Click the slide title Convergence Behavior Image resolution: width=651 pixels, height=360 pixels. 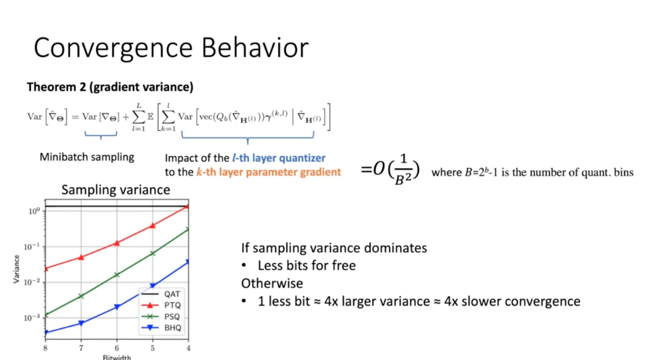(x=171, y=48)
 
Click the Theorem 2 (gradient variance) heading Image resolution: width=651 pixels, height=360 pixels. (x=110, y=87)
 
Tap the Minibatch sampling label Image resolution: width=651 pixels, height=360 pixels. (x=87, y=157)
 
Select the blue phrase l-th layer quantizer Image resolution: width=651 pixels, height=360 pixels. (x=279, y=158)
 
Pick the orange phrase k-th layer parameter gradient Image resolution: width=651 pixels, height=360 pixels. (x=269, y=172)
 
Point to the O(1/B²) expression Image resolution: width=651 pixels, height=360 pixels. (x=390, y=170)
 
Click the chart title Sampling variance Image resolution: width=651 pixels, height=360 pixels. (x=116, y=190)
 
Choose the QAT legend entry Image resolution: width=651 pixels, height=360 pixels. (x=161, y=294)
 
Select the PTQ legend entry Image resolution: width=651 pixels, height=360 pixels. (x=161, y=305)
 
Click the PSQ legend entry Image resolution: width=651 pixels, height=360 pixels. (x=161, y=317)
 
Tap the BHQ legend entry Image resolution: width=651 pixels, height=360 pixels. (x=161, y=328)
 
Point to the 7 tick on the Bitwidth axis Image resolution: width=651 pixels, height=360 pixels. (x=81, y=348)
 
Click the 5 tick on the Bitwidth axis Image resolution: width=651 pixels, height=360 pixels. (x=152, y=348)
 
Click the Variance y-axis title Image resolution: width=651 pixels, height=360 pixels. (x=16, y=269)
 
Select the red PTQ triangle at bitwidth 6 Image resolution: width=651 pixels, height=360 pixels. (x=117, y=243)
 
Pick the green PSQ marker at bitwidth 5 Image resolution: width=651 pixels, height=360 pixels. (x=152, y=253)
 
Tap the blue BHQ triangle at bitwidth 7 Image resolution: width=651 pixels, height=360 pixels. (x=81, y=323)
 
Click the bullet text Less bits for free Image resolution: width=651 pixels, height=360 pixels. (x=307, y=266)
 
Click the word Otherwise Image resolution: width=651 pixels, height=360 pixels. (x=272, y=283)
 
